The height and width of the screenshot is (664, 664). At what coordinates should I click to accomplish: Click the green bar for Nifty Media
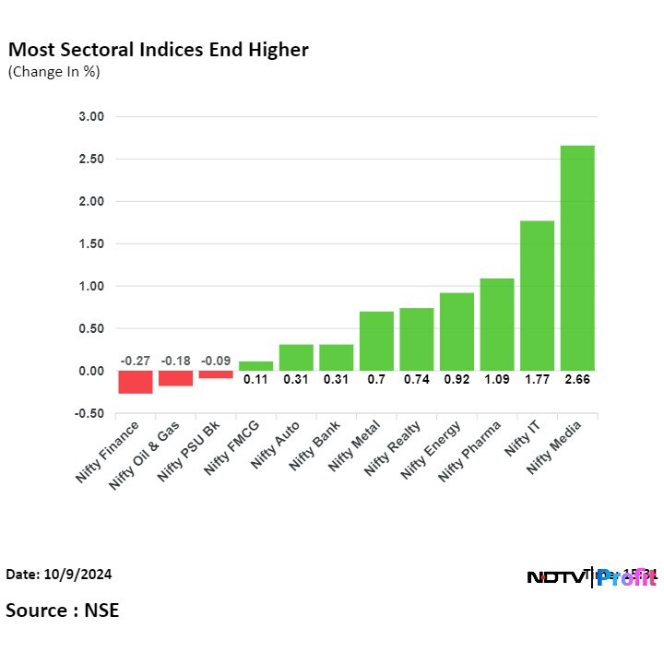(577, 258)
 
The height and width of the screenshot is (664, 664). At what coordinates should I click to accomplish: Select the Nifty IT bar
(537, 295)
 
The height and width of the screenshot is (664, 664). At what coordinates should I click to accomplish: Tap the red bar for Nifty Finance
(136, 382)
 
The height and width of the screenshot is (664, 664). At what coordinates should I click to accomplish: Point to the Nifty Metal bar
(376, 341)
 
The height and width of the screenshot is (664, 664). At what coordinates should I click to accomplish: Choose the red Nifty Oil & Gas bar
(175, 378)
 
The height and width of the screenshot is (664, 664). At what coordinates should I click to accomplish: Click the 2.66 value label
(577, 379)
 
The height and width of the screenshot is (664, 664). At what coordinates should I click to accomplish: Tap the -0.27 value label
(136, 360)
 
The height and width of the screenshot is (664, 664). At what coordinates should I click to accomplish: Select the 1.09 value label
(496, 379)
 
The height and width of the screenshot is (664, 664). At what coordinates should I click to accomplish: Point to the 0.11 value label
(255, 379)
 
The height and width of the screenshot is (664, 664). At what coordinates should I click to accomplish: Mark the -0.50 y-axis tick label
(91, 413)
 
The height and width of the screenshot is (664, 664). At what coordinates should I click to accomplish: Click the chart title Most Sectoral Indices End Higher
(158, 50)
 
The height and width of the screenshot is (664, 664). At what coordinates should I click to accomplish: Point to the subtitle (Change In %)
(54, 71)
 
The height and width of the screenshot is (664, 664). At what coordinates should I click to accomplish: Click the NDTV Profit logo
(590, 577)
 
